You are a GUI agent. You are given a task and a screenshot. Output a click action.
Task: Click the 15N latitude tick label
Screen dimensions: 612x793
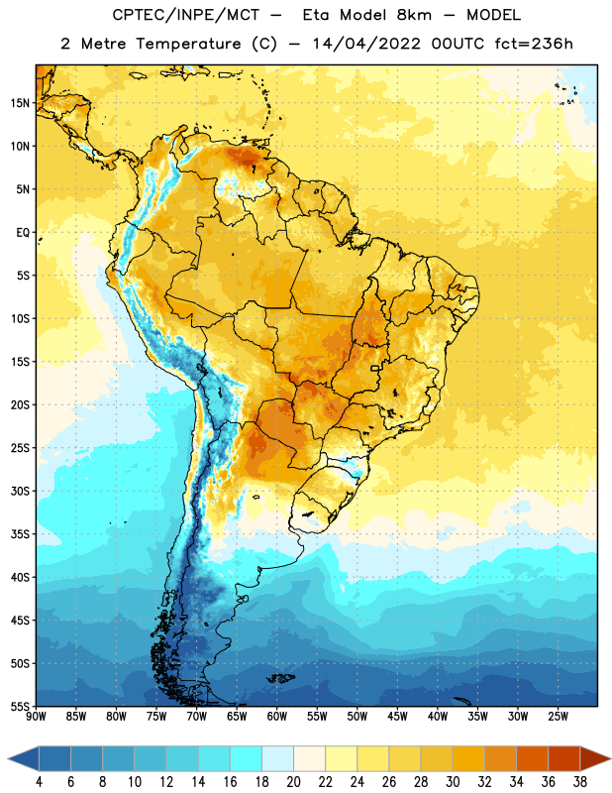[x=20, y=103]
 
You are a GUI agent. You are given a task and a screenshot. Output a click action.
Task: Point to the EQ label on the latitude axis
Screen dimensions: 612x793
[x=23, y=233]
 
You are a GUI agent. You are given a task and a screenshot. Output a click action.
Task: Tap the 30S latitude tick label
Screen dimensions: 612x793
[x=20, y=491]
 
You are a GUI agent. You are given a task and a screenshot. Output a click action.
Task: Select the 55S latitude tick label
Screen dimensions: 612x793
[x=20, y=706]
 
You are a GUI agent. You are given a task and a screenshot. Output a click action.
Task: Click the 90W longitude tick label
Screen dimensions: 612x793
[x=36, y=717]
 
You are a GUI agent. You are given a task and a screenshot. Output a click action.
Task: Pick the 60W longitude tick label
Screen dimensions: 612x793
[x=277, y=717]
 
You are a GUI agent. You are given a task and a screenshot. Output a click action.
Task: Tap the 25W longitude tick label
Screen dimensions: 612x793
[x=558, y=717]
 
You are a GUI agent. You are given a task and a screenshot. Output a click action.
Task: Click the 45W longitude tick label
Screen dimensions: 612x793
[x=397, y=717]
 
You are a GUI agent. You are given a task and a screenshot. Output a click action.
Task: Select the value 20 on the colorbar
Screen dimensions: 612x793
[x=293, y=782]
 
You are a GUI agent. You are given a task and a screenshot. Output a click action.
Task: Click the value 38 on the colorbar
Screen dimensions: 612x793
[x=580, y=782]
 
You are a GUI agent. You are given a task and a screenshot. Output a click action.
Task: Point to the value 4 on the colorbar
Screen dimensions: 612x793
[x=39, y=782]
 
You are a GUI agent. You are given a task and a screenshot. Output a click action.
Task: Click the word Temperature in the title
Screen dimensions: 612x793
[x=188, y=44]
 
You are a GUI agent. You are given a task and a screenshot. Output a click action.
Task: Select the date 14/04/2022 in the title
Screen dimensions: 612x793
[x=366, y=44]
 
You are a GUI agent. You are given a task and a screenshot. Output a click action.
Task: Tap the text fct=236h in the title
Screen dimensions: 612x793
[x=534, y=44]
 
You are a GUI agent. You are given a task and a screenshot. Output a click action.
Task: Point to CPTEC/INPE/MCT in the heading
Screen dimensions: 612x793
[x=185, y=15]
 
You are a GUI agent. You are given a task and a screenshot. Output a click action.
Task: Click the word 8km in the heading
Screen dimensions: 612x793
[x=414, y=15]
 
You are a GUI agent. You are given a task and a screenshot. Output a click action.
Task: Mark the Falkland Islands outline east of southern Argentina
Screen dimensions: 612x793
[x=280, y=678]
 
